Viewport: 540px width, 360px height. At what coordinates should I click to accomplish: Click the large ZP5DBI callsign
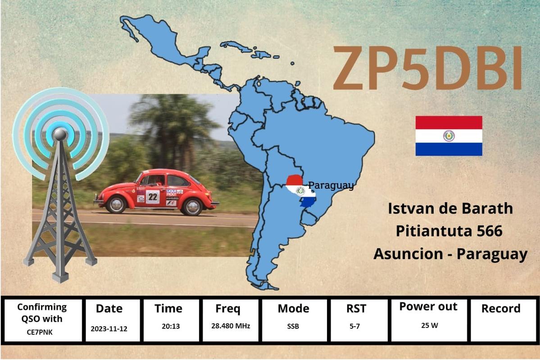pos(428,68)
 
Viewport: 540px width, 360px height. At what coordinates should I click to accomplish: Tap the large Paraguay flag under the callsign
pos(449,136)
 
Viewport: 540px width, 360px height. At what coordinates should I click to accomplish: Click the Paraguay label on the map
pos(331,185)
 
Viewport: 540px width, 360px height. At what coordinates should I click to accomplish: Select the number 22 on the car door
pos(153,197)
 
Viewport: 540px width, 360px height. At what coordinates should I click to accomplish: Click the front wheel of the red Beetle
pos(116,204)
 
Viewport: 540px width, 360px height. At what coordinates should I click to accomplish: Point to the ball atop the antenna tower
pos(60,134)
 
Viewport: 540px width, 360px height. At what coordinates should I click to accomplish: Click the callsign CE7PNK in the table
pos(40,333)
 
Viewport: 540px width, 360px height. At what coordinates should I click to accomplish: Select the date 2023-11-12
pos(109,329)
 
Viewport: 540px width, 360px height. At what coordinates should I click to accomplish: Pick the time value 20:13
pos(171,326)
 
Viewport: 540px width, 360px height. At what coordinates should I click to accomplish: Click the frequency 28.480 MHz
pos(231,326)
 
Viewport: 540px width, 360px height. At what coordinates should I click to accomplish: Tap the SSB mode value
pos(293,326)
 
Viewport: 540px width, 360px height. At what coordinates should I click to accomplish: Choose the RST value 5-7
pos(355,326)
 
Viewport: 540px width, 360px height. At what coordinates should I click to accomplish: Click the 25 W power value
pos(430,325)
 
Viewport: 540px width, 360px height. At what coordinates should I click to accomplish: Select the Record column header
pos(501,308)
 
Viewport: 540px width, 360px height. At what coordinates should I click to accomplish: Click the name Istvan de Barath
pos(450,209)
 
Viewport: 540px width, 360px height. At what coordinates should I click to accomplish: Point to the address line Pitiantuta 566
pos(449,231)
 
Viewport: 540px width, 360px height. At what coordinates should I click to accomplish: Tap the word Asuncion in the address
pos(408,254)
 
